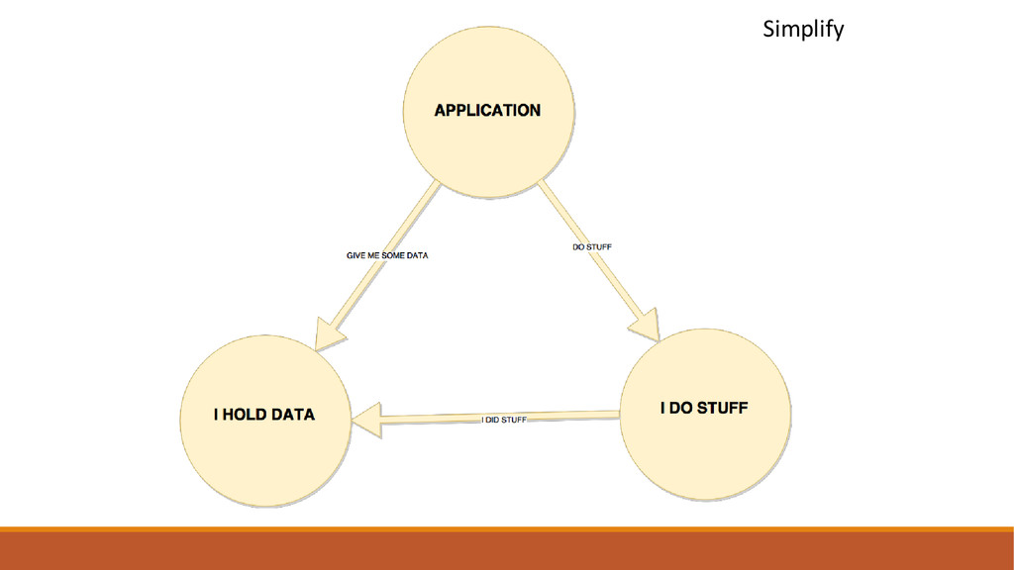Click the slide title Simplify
pyautogui.click(x=803, y=31)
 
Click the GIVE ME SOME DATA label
pyautogui.click(x=387, y=255)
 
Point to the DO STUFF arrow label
pyautogui.click(x=593, y=246)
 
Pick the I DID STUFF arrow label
pyautogui.click(x=504, y=420)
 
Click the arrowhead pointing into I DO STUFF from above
pyautogui.click(x=646, y=325)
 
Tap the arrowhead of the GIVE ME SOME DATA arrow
pyautogui.click(x=329, y=333)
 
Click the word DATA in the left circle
pyautogui.click(x=294, y=415)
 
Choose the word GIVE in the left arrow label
pyautogui.click(x=355, y=255)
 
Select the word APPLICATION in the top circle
pyautogui.click(x=487, y=111)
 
